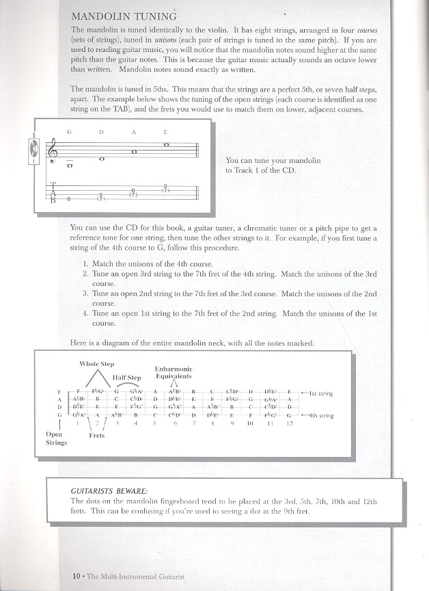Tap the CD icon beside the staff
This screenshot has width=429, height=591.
coord(31,148)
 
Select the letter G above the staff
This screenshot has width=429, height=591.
coord(69,131)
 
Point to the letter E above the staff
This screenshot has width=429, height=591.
coord(165,131)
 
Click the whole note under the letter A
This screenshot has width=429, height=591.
coord(134,152)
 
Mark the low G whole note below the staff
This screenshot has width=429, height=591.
coord(69,165)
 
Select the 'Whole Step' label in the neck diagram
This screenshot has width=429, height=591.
coord(97,364)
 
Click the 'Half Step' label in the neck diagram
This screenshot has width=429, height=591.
coord(126,378)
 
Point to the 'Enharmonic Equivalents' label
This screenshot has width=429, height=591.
coord(173,373)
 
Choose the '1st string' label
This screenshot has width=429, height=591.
coord(320,393)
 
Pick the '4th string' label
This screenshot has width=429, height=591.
coord(320,415)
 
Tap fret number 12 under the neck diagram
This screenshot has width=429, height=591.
coord(289,424)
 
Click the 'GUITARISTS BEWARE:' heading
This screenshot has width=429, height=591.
coord(102,490)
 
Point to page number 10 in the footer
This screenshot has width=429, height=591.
coord(77,575)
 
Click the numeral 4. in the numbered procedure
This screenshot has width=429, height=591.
coord(85,314)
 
